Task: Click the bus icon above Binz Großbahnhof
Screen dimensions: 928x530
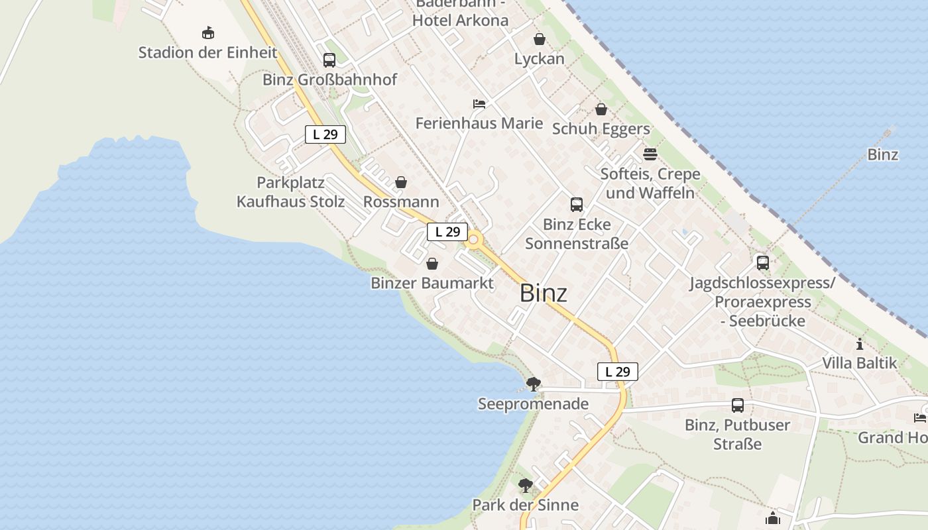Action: click(329, 60)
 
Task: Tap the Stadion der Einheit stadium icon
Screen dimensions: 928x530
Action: click(208, 32)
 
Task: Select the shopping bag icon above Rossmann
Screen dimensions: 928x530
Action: click(401, 182)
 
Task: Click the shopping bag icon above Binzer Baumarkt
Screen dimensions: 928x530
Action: click(432, 264)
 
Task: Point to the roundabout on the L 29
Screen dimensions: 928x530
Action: click(473, 241)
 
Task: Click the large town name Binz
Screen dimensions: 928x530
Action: click(544, 293)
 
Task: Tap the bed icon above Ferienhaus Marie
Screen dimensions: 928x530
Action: click(479, 104)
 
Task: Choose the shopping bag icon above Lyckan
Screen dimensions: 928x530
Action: click(540, 39)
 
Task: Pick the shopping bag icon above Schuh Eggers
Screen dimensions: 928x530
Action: click(601, 109)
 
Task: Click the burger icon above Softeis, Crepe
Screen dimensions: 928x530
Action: click(650, 154)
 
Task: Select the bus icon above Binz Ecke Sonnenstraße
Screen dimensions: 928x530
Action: click(577, 205)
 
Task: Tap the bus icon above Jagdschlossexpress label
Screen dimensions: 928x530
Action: click(763, 263)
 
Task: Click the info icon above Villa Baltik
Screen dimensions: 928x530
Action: click(860, 344)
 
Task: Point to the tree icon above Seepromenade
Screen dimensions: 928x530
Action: click(533, 384)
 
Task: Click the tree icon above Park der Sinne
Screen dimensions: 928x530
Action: click(526, 485)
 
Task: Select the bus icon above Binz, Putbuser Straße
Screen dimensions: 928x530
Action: click(738, 405)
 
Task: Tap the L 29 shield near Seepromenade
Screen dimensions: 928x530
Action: click(618, 372)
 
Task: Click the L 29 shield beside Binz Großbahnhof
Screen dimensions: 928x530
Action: click(325, 134)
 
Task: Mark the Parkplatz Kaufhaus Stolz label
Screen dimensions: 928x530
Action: click(291, 191)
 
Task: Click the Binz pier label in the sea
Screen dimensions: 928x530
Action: click(883, 154)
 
